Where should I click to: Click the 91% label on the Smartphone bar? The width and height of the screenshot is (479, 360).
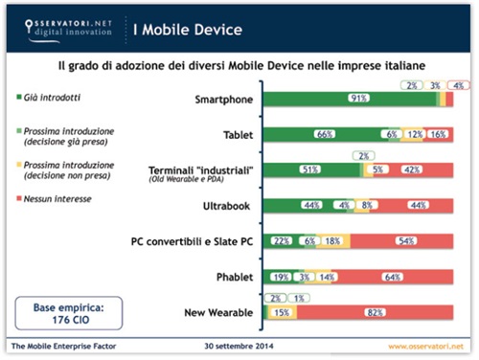point(360,99)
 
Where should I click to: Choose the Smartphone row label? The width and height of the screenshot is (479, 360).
point(217,99)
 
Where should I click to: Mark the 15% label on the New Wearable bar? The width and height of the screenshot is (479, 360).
point(282,312)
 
